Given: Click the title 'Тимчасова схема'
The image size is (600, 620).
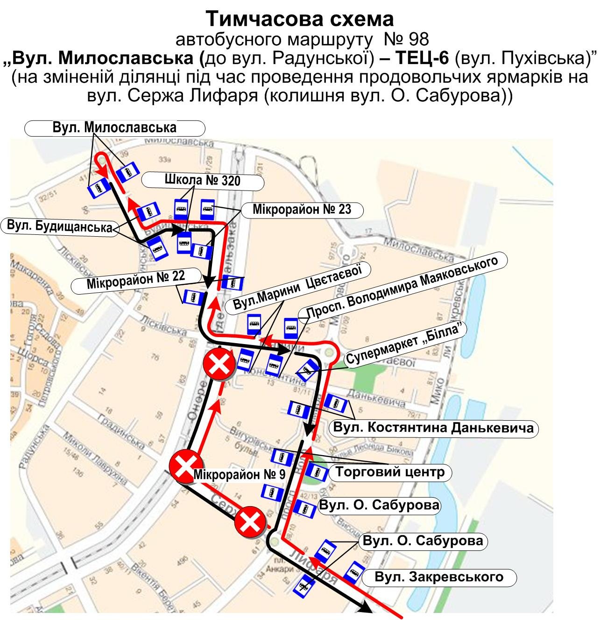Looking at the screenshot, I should (300, 19).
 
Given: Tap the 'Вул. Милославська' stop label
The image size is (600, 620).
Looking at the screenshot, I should (114, 128).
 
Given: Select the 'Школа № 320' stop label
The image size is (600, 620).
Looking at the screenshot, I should (202, 180).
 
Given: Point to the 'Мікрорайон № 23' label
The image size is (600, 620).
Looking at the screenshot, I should (302, 209).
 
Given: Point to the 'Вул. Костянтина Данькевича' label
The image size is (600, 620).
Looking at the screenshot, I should (433, 428).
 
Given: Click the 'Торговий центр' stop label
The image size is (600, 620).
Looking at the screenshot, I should (390, 472).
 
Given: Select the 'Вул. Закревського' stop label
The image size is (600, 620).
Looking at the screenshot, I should (439, 577).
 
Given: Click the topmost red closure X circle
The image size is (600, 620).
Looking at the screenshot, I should (219, 364).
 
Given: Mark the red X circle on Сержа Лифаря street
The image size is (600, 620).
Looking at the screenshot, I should (250, 524).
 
